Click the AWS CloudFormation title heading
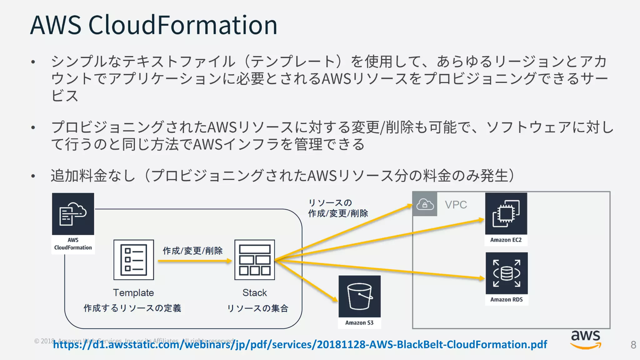(x=153, y=25)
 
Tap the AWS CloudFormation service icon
(x=73, y=214)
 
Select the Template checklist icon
(x=134, y=260)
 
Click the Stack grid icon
(x=255, y=260)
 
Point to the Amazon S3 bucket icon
(x=359, y=296)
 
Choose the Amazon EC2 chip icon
(x=506, y=214)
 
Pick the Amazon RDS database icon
(x=507, y=273)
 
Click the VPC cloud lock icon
(x=425, y=204)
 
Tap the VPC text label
(x=456, y=205)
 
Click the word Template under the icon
(x=133, y=293)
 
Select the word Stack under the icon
(x=255, y=293)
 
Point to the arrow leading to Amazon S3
(x=306, y=280)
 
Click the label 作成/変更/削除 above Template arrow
(x=192, y=251)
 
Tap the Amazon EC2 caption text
(x=506, y=240)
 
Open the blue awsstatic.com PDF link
(x=300, y=344)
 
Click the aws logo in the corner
(x=586, y=339)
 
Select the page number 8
(x=633, y=345)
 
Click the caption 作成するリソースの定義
(x=132, y=308)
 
